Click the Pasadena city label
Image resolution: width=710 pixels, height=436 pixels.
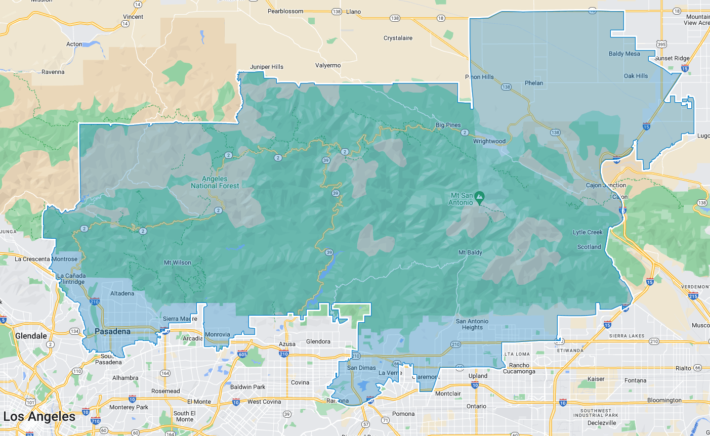point(112,332)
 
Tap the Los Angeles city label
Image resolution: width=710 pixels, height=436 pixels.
point(39,417)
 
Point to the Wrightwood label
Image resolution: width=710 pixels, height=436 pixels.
point(489,141)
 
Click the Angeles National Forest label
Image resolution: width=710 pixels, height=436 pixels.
point(215,182)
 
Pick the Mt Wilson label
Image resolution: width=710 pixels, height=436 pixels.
point(178,263)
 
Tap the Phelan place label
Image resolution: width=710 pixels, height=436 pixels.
point(534,83)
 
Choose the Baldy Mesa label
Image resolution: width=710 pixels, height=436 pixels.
point(624,54)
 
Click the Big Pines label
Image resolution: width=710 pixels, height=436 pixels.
point(448,125)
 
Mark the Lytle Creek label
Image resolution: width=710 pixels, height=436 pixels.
point(588,232)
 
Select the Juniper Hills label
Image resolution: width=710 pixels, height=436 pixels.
point(267,67)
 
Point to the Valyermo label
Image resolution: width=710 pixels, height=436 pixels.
point(328,65)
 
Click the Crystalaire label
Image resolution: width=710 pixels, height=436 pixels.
point(398,38)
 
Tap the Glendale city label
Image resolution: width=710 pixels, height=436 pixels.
point(31,336)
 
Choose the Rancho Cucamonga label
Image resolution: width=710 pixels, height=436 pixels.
point(519,368)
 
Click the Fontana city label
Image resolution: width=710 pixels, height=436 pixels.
point(635,380)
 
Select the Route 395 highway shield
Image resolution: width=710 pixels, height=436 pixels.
point(661,45)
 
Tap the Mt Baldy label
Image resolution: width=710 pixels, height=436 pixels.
point(470,252)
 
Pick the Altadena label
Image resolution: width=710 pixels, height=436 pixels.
point(122,293)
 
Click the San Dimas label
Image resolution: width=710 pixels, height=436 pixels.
point(361,368)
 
